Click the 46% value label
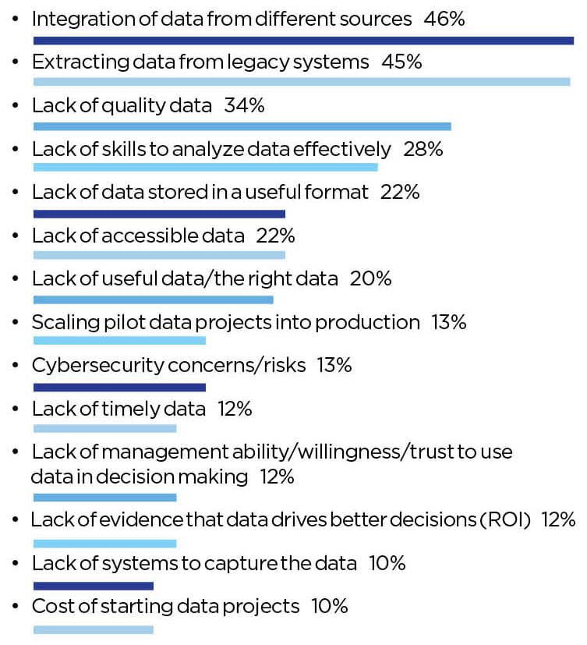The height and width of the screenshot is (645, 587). (x=444, y=19)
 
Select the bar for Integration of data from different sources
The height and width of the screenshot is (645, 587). (x=303, y=40)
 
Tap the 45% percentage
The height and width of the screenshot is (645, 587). (x=401, y=62)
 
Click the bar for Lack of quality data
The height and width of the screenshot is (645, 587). (x=242, y=126)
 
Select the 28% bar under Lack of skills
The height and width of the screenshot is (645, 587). (x=205, y=167)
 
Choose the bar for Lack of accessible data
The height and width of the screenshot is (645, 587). (x=159, y=255)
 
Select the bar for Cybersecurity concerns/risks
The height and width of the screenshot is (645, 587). (x=119, y=387)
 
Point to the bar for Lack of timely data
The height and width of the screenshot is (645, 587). (x=104, y=429)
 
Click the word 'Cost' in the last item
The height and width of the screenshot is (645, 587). (x=49, y=606)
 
